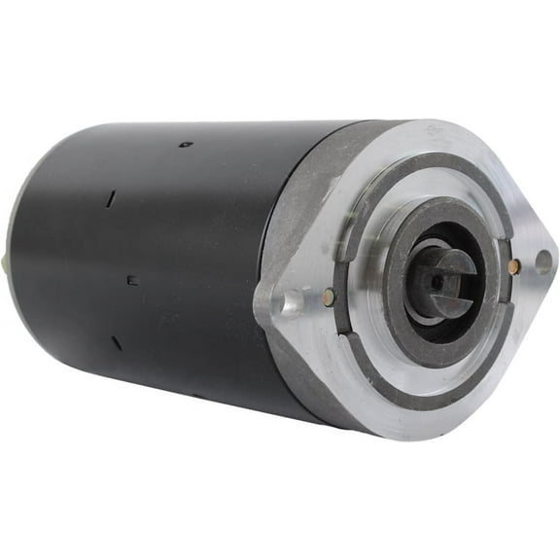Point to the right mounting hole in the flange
(542, 260)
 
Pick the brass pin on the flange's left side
(327, 297)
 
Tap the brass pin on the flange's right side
(514, 265)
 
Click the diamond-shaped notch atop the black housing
(186, 145)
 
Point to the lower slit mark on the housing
(116, 343)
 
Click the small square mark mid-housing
(132, 280)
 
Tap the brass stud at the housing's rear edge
(8, 260)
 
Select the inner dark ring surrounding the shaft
(394, 292)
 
